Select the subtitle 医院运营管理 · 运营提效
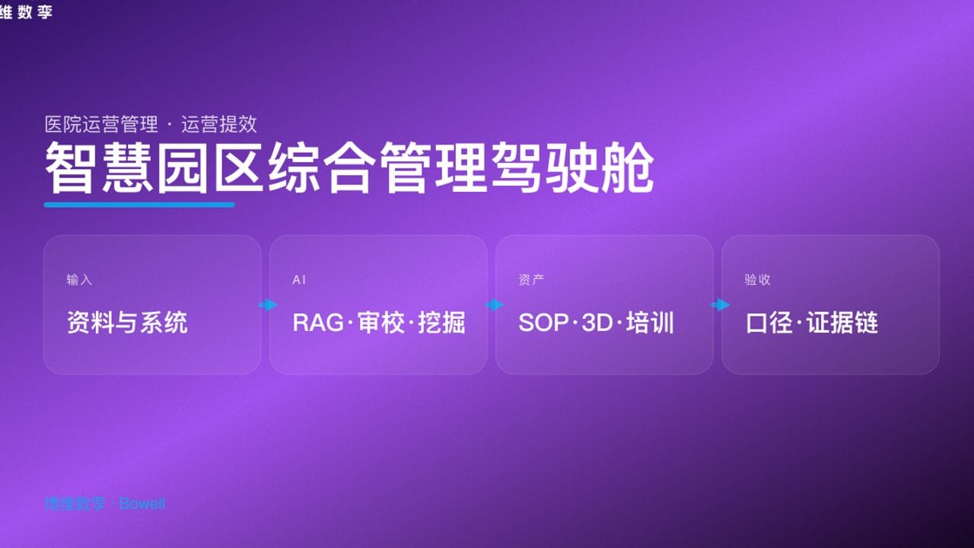click(151, 124)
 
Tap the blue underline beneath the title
click(139, 204)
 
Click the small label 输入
click(79, 279)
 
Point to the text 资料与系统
click(127, 323)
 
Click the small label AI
click(299, 279)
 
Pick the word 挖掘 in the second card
click(441, 323)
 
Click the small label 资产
click(531, 279)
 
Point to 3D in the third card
click(597, 323)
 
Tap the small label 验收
click(757, 279)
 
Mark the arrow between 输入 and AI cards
click(268, 305)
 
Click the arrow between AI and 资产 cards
click(494, 305)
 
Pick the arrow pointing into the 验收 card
click(720, 305)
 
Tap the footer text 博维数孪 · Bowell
click(104, 504)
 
